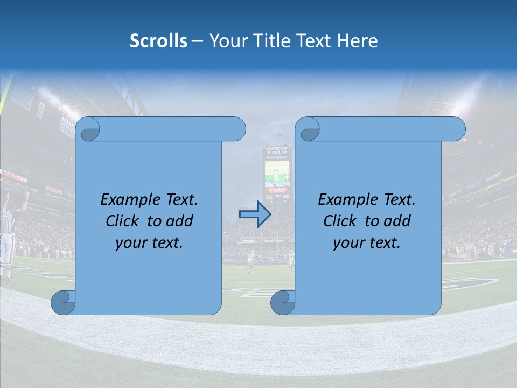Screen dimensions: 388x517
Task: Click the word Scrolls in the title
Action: tap(158, 41)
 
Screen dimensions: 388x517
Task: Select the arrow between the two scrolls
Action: tap(255, 214)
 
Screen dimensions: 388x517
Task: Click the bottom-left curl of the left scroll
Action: tap(62, 303)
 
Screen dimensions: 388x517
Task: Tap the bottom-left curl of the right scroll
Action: tap(282, 303)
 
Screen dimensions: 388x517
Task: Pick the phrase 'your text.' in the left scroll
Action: tap(149, 243)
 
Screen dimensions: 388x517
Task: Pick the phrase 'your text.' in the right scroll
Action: tap(367, 243)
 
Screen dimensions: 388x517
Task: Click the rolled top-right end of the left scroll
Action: tap(235, 129)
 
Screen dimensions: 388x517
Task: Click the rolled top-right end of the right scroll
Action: tap(455, 129)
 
